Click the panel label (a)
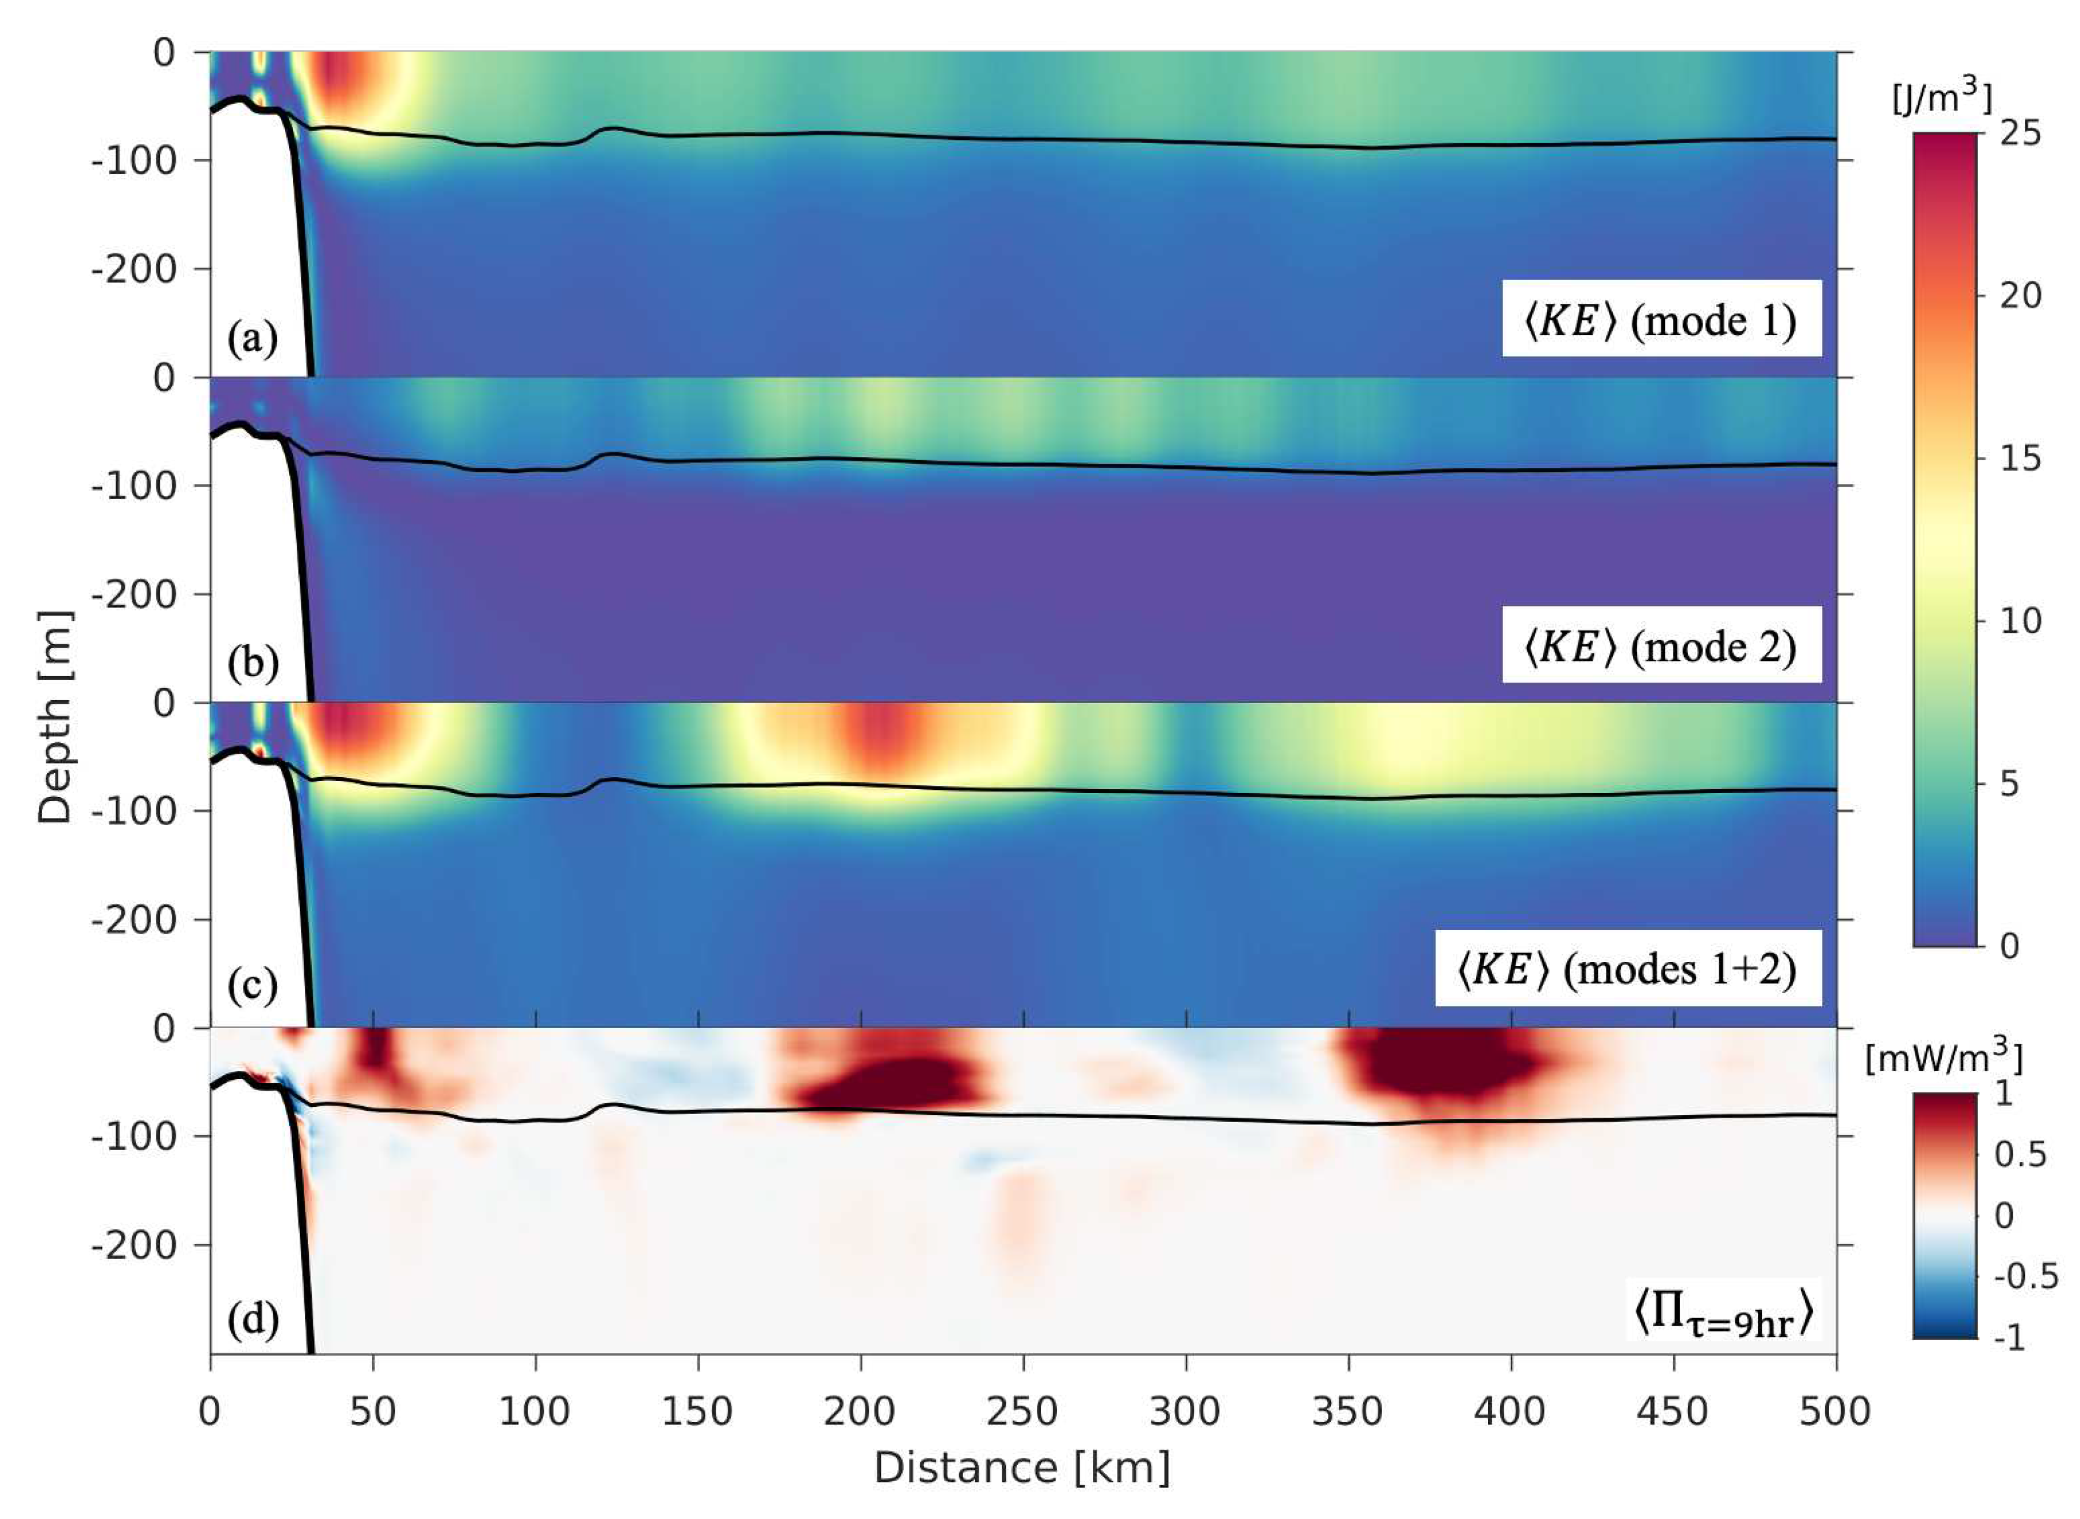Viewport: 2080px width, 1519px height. [253, 339]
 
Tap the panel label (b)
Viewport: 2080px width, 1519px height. [253, 665]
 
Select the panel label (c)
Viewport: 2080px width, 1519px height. [253, 987]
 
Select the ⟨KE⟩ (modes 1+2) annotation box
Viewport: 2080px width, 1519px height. [1628, 969]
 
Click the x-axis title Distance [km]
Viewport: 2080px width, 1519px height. [1022, 1468]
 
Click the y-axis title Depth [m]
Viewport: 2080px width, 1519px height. [55, 717]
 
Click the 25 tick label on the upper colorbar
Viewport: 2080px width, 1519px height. [2020, 134]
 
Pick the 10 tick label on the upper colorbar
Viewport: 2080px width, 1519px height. [2020, 621]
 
